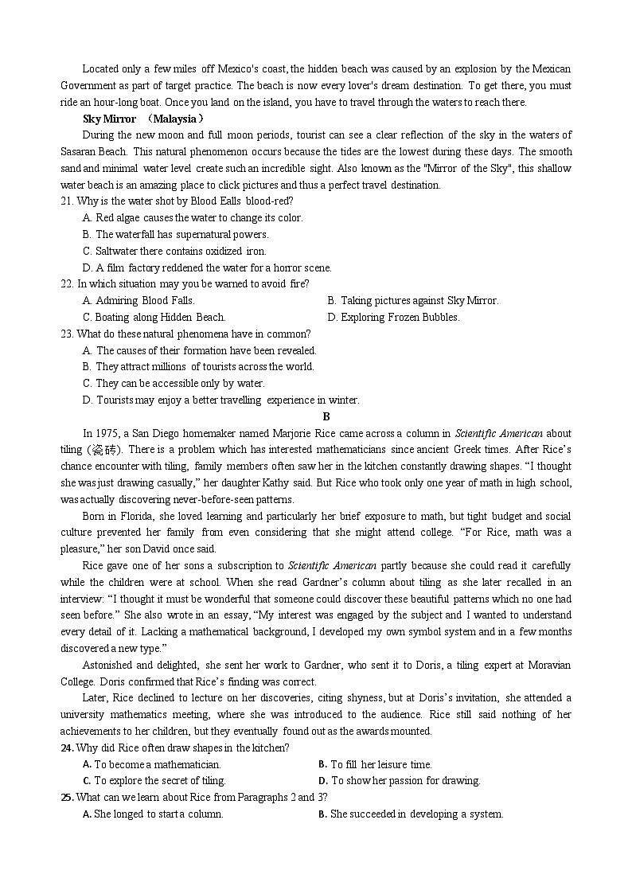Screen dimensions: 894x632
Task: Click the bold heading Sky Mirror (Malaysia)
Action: [x=141, y=119]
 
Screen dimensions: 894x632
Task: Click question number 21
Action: [x=67, y=201]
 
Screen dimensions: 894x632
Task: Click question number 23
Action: [x=67, y=334]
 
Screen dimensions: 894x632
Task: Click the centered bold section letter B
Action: [x=326, y=416]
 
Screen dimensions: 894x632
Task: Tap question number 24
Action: [x=67, y=748]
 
